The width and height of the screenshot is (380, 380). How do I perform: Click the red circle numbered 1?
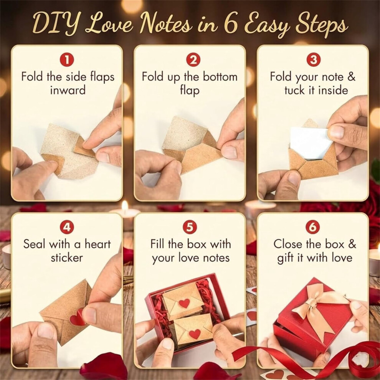click(x=67, y=60)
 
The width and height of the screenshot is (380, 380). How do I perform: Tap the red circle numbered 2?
click(x=193, y=60)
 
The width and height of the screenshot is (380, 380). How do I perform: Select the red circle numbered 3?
click(x=313, y=60)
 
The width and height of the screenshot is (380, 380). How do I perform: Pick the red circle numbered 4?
click(x=67, y=227)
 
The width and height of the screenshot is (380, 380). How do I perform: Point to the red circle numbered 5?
click(x=190, y=227)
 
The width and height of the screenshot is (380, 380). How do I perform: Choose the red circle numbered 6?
click(x=312, y=227)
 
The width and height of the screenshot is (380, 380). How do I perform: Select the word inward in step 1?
click(x=68, y=90)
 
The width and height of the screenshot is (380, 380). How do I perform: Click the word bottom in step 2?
click(x=220, y=77)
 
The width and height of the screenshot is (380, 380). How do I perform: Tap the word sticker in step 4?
click(x=67, y=258)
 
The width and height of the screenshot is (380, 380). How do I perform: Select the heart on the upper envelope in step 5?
click(x=184, y=303)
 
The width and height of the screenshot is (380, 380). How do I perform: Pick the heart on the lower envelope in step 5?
click(x=195, y=334)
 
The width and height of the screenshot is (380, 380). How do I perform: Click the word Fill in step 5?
click(x=157, y=244)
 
